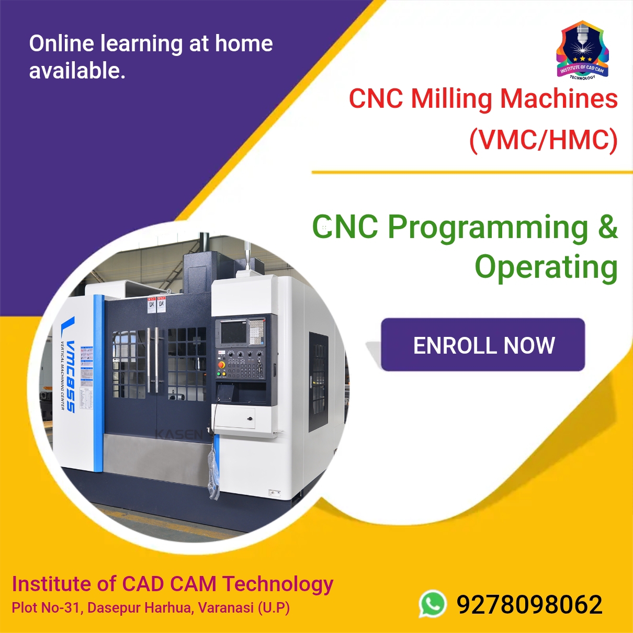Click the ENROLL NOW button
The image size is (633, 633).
[x=482, y=345]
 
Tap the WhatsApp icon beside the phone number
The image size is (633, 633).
[x=433, y=604]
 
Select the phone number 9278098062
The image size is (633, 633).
[x=529, y=605]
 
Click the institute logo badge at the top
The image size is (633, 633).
[x=582, y=50]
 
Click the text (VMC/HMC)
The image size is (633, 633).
[x=543, y=140]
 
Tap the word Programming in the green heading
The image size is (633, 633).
[x=488, y=228]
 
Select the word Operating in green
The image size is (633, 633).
[x=546, y=267]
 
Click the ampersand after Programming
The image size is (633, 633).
[x=607, y=227]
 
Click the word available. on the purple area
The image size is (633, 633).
[x=77, y=71]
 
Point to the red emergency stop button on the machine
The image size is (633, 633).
[x=221, y=364]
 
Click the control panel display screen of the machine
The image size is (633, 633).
[x=233, y=332]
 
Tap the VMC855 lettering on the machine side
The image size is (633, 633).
[x=70, y=376]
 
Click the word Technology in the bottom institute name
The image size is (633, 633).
[x=278, y=584]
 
